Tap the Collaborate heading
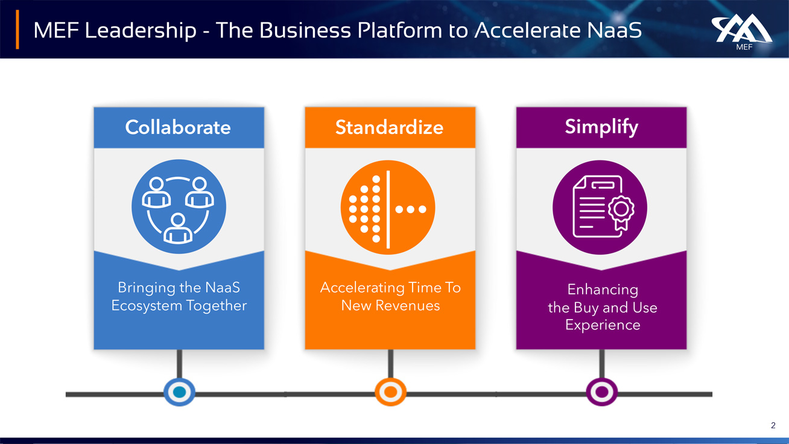[x=178, y=127]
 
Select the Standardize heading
[x=389, y=127]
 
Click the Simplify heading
[x=601, y=127]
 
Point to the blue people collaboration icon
[x=179, y=207]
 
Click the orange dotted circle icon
[x=388, y=208]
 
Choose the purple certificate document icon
[x=600, y=207]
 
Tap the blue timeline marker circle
[x=179, y=392]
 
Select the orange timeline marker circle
[x=390, y=392]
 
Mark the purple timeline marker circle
[x=602, y=392]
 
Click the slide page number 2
[x=773, y=426]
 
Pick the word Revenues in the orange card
[x=407, y=305]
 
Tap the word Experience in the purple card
[x=602, y=325]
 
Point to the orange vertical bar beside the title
[x=17, y=29]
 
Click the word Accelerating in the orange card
[x=362, y=288]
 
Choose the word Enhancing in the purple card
[x=602, y=290]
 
